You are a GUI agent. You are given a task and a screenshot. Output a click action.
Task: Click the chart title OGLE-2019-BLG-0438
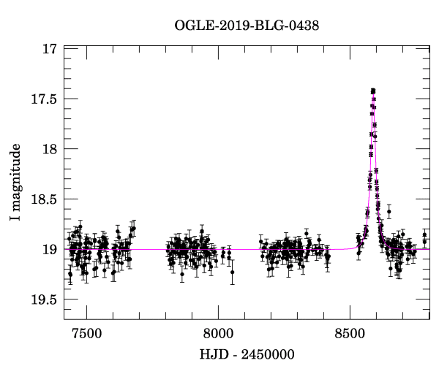pos(247,26)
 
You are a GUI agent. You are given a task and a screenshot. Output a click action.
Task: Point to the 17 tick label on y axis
pos(50,50)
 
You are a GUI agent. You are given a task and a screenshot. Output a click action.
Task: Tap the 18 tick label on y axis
pos(50,149)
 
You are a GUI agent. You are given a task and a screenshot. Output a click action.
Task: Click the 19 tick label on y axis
pos(50,250)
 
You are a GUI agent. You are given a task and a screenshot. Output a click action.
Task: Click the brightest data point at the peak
pos(372,91)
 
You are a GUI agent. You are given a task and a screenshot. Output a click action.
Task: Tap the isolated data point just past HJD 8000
pos(233,272)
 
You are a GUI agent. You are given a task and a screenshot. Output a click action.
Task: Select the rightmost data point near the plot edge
pos(424,234)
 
